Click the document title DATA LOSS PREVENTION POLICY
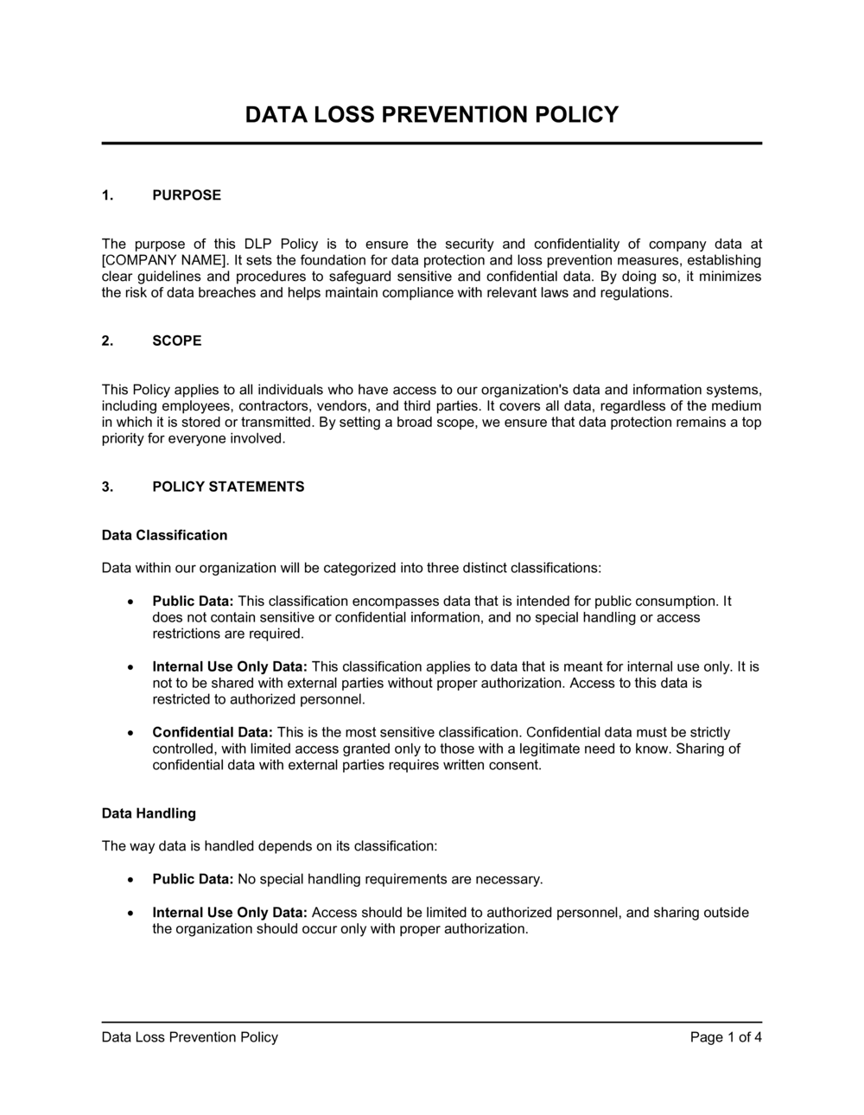click(432, 115)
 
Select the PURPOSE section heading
click(187, 195)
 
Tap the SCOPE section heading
click(177, 341)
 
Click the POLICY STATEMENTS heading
click(228, 487)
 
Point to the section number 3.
click(107, 487)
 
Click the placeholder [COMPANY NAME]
click(151, 260)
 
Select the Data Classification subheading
click(164, 535)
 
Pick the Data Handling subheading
click(149, 813)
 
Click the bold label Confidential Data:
click(213, 732)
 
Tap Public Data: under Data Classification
click(193, 601)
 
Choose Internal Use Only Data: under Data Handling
click(230, 913)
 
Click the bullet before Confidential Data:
click(130, 732)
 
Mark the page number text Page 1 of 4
click(726, 1037)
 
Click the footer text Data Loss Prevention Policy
click(189, 1037)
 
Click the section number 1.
click(107, 195)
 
